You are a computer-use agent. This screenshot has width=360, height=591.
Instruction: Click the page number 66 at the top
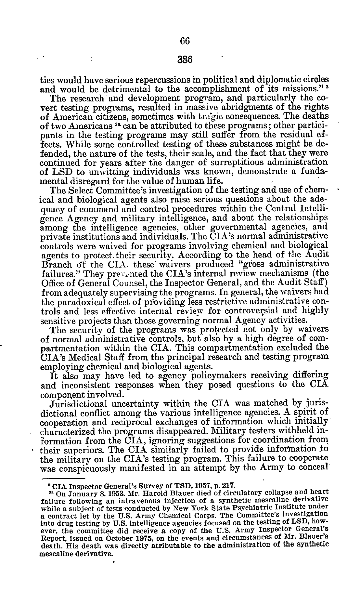184,41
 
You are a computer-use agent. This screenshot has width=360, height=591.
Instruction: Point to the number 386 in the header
185,60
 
